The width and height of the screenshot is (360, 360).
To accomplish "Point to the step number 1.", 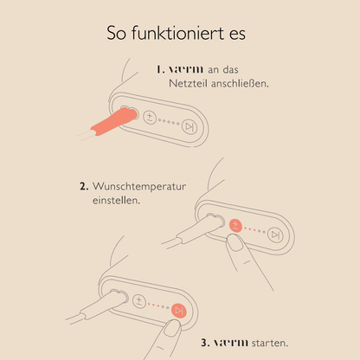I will point(161,69).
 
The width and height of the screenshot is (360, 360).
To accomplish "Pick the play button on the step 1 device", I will point(189,125).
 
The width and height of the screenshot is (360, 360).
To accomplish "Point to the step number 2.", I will point(84,186).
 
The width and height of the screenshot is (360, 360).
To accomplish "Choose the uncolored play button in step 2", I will point(273,235).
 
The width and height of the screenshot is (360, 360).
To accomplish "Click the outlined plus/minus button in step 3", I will point(138,301).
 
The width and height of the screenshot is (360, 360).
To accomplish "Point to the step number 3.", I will point(205,343).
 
